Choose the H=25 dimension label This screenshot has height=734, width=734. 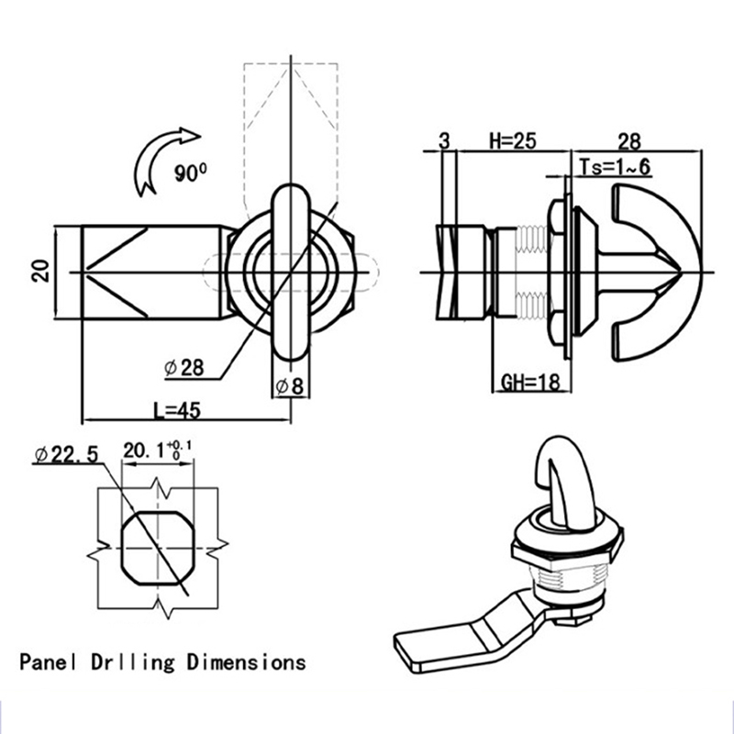point(511,140)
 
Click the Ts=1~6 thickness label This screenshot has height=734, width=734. point(616,165)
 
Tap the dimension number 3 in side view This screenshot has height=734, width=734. point(445,140)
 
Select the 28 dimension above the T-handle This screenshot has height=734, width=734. point(629,140)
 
